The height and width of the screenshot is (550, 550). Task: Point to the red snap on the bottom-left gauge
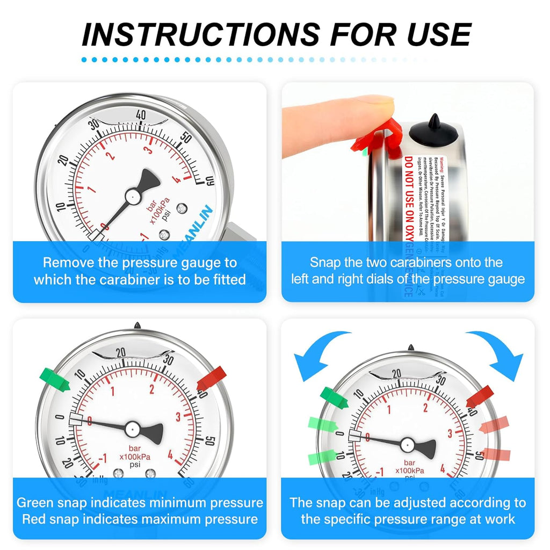point(212,378)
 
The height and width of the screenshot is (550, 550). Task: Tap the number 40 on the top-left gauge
point(142,115)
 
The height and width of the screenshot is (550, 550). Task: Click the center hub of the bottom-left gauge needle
point(133,428)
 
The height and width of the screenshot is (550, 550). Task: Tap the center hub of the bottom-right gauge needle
point(407,444)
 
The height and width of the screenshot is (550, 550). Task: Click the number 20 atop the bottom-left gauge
point(120,352)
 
